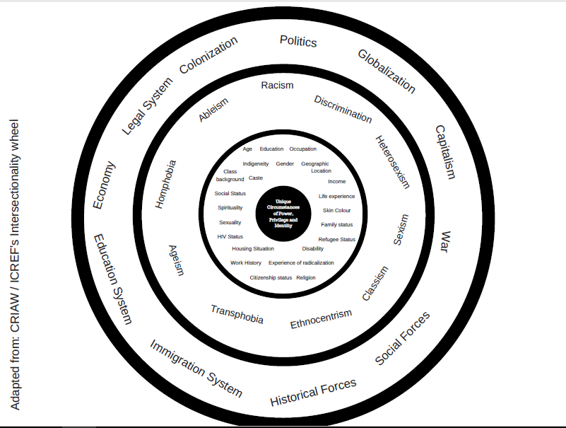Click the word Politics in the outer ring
pyautogui.click(x=298, y=41)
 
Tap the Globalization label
pyautogui.click(x=387, y=71)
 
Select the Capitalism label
pyautogui.click(x=445, y=151)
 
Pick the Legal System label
pyautogui.click(x=147, y=105)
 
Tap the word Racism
pyautogui.click(x=277, y=86)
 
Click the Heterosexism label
pyautogui.click(x=392, y=162)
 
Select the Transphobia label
pyautogui.click(x=237, y=314)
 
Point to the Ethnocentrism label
pyautogui.click(x=321, y=319)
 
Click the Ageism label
pyautogui.click(x=176, y=260)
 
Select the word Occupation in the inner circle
pyautogui.click(x=302, y=149)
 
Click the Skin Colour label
pyautogui.click(x=336, y=210)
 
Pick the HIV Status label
pyautogui.click(x=230, y=236)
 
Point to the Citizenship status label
pyautogui.click(x=271, y=277)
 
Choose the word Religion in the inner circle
pyautogui.click(x=306, y=277)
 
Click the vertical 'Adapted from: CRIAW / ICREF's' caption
pyautogui.click(x=16, y=266)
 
